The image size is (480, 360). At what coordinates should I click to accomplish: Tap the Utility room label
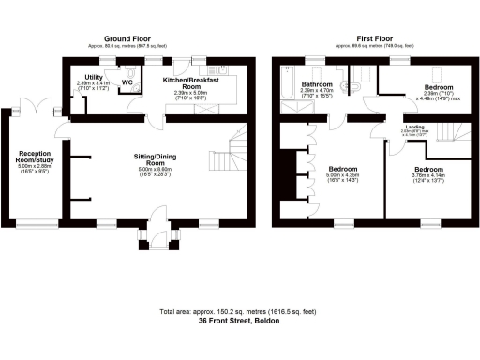point(94,78)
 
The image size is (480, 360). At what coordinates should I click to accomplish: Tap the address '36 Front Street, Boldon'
point(239,321)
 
